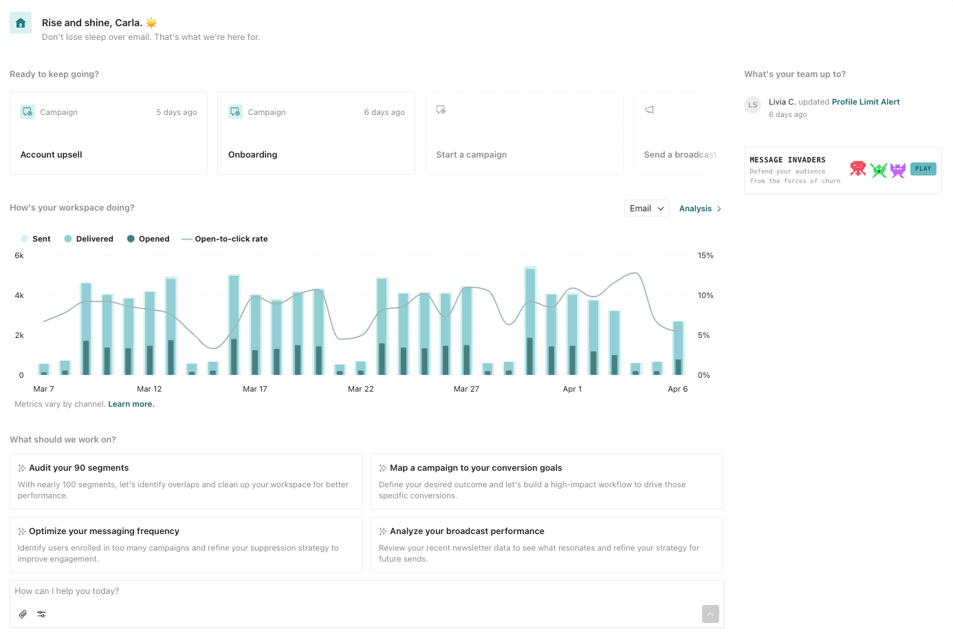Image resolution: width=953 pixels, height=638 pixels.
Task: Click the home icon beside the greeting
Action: (21, 23)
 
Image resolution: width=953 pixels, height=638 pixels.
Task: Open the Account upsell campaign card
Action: (108, 134)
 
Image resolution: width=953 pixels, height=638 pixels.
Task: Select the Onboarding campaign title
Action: (253, 155)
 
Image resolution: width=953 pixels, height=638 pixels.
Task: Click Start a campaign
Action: (471, 155)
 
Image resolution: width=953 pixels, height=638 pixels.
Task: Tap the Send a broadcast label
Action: (679, 155)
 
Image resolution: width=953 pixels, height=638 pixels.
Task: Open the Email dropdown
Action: (646, 209)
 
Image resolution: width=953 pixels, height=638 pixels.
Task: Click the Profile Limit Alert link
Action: (865, 102)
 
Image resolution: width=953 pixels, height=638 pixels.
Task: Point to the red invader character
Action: (857, 169)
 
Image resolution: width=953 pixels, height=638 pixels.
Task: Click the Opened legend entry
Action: (149, 239)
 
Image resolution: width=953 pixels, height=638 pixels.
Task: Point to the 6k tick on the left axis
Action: (19, 255)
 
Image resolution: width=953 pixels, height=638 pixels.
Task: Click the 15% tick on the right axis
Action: (705, 255)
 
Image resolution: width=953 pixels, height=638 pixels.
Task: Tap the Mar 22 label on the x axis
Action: (360, 389)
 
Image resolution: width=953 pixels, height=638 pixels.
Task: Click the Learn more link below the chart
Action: (131, 404)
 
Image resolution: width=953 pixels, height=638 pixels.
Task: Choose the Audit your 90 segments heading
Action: (78, 468)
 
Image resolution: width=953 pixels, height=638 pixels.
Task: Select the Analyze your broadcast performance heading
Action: (467, 531)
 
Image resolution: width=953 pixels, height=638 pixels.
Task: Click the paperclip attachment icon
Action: (23, 614)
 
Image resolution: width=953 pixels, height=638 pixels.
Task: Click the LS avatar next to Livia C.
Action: (753, 105)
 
